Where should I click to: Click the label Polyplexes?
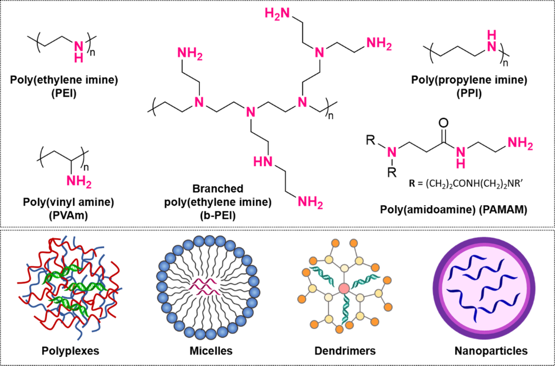pos(70,351)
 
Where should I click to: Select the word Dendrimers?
pos(345,351)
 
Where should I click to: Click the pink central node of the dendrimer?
pos(344,288)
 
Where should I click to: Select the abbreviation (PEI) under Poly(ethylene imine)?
pos(63,91)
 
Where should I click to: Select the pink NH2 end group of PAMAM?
pos(520,145)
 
